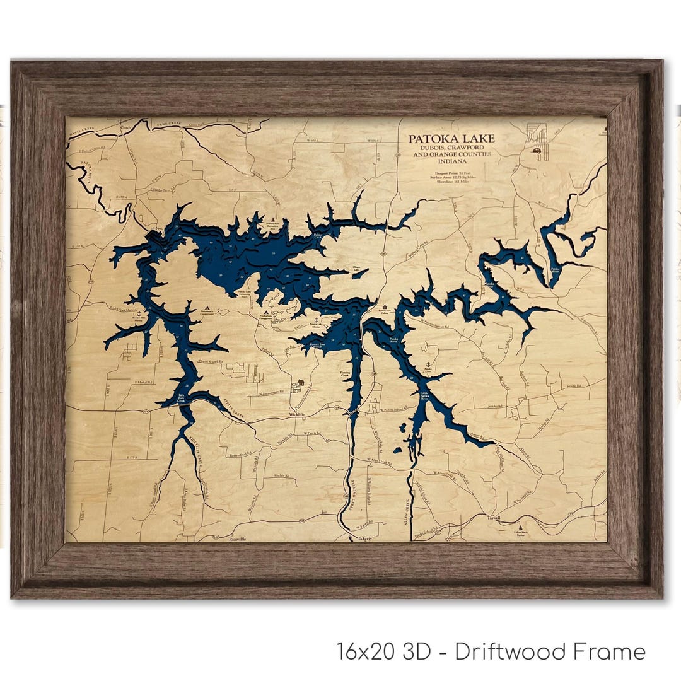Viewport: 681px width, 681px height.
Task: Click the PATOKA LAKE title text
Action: (451, 139)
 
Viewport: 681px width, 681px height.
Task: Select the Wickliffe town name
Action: (296, 416)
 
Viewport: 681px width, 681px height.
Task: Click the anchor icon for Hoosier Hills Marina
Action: (139, 313)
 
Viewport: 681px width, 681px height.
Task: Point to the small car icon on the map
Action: (537, 151)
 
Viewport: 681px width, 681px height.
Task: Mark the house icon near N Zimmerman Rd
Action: (300, 383)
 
